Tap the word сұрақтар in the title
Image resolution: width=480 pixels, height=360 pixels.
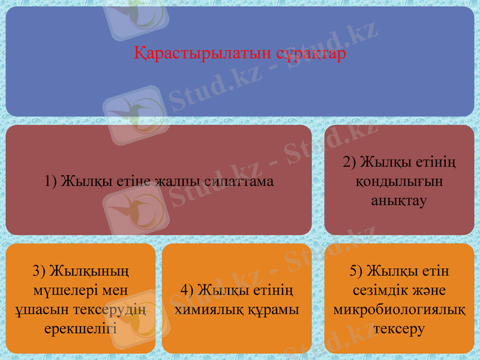(311, 54)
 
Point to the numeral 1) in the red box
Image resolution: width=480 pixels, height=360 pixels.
(51, 181)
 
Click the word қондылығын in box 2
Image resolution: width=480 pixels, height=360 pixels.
(399, 181)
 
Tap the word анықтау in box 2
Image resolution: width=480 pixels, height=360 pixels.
(399, 200)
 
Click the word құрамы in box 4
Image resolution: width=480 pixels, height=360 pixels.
(273, 310)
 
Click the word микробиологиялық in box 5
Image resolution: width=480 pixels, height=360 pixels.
(399, 310)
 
